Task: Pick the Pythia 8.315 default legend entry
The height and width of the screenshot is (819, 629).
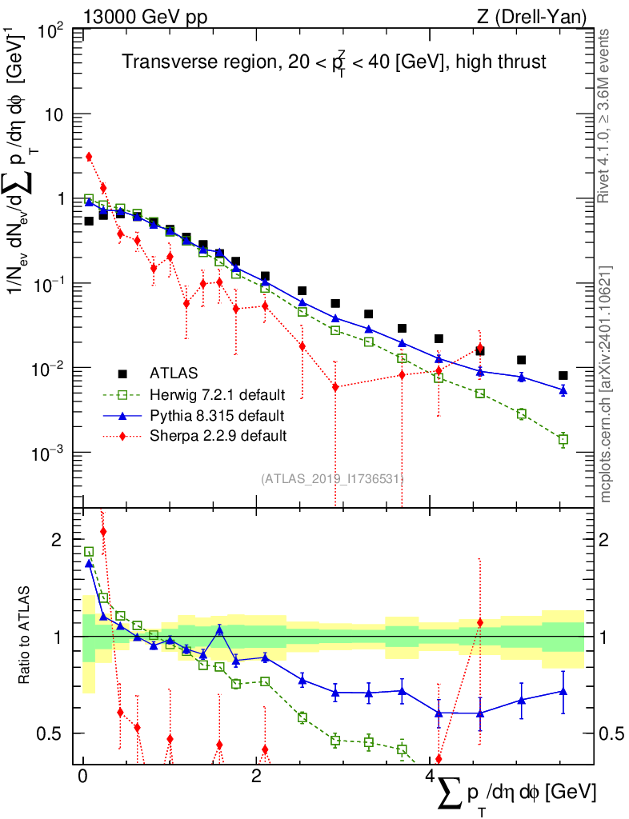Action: click(x=217, y=415)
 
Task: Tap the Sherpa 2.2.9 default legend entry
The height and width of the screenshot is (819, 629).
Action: click(x=218, y=436)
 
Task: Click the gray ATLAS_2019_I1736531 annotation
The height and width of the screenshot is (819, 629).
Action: click(x=331, y=478)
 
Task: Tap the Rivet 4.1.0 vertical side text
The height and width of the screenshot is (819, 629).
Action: click(x=605, y=116)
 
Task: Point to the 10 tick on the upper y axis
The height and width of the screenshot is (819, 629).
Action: click(x=54, y=114)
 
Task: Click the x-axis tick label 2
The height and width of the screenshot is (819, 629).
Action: click(x=255, y=776)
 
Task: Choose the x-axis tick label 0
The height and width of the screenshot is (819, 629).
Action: click(x=82, y=776)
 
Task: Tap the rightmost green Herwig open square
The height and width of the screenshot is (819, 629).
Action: click(x=563, y=439)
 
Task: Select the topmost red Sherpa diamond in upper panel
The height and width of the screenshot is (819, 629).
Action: click(x=89, y=157)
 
